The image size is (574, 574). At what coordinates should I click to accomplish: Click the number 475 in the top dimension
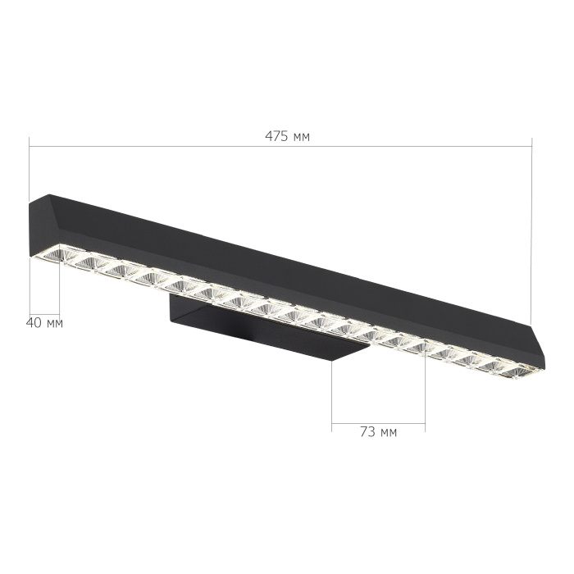[277, 136]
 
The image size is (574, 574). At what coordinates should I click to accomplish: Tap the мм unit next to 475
[300, 137]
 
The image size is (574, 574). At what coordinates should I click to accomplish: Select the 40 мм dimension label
[44, 322]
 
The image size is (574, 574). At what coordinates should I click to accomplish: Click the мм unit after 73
[388, 432]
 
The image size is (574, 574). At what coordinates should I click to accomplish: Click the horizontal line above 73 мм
[378, 424]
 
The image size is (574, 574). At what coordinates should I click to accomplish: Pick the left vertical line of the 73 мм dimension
[332, 394]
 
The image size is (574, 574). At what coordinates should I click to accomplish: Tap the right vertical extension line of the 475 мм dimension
[531, 230]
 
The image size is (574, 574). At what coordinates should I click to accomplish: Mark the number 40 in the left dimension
[34, 322]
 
